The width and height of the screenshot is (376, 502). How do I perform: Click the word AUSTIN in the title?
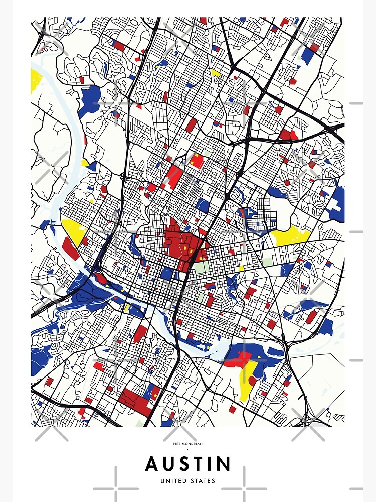[x=188, y=464]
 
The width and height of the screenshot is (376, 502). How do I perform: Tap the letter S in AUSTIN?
[x=178, y=464]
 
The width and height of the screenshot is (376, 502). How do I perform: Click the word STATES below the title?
[x=203, y=481]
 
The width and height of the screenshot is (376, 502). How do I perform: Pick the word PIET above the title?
[x=177, y=443]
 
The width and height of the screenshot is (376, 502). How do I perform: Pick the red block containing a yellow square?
[x=196, y=161]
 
